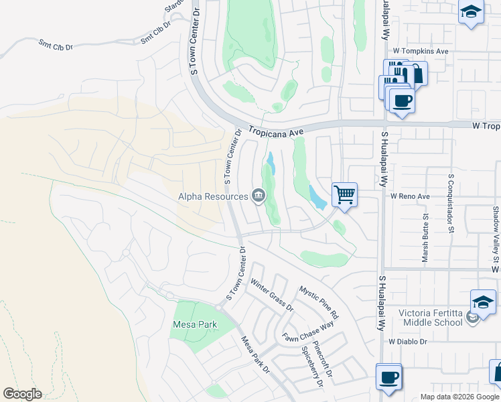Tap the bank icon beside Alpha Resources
click(259, 196)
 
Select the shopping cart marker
click(344, 195)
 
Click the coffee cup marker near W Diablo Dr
click(388, 377)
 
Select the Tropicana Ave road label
click(276, 132)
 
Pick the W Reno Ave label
click(410, 197)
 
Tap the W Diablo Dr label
click(408, 342)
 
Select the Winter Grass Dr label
click(272, 295)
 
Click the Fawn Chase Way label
click(307, 333)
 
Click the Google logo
click(22, 394)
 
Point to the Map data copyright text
click(459, 397)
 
